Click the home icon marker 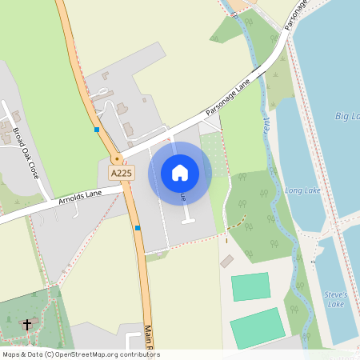point(180,172)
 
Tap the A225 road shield point(122,173)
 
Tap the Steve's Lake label point(335,299)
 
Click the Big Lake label point(347,117)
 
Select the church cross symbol point(28,324)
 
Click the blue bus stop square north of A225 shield point(97,129)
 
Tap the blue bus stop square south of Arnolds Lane point(138,228)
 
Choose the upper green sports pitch point(250,287)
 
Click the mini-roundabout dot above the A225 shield point(117,159)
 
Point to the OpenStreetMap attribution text point(81,354)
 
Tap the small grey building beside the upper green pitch point(227,262)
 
